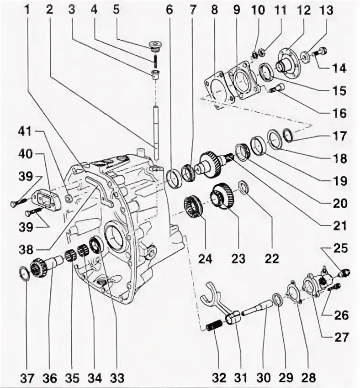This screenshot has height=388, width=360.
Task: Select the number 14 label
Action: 339,68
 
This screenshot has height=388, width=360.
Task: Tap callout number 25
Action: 339,249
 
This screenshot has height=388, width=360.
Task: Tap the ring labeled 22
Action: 244,187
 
